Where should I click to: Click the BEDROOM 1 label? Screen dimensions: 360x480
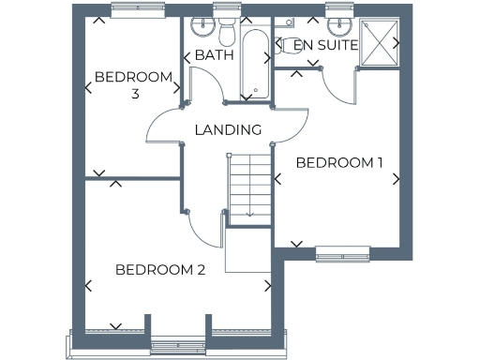339,162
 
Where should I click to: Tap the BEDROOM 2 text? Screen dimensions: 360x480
160,270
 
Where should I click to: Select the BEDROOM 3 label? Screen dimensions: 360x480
134,84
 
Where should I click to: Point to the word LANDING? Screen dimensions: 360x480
227,129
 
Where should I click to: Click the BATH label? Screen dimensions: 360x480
214,55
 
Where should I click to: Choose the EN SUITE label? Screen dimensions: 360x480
325,44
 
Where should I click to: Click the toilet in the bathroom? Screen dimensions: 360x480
226,31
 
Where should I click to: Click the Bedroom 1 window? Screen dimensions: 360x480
341,251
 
